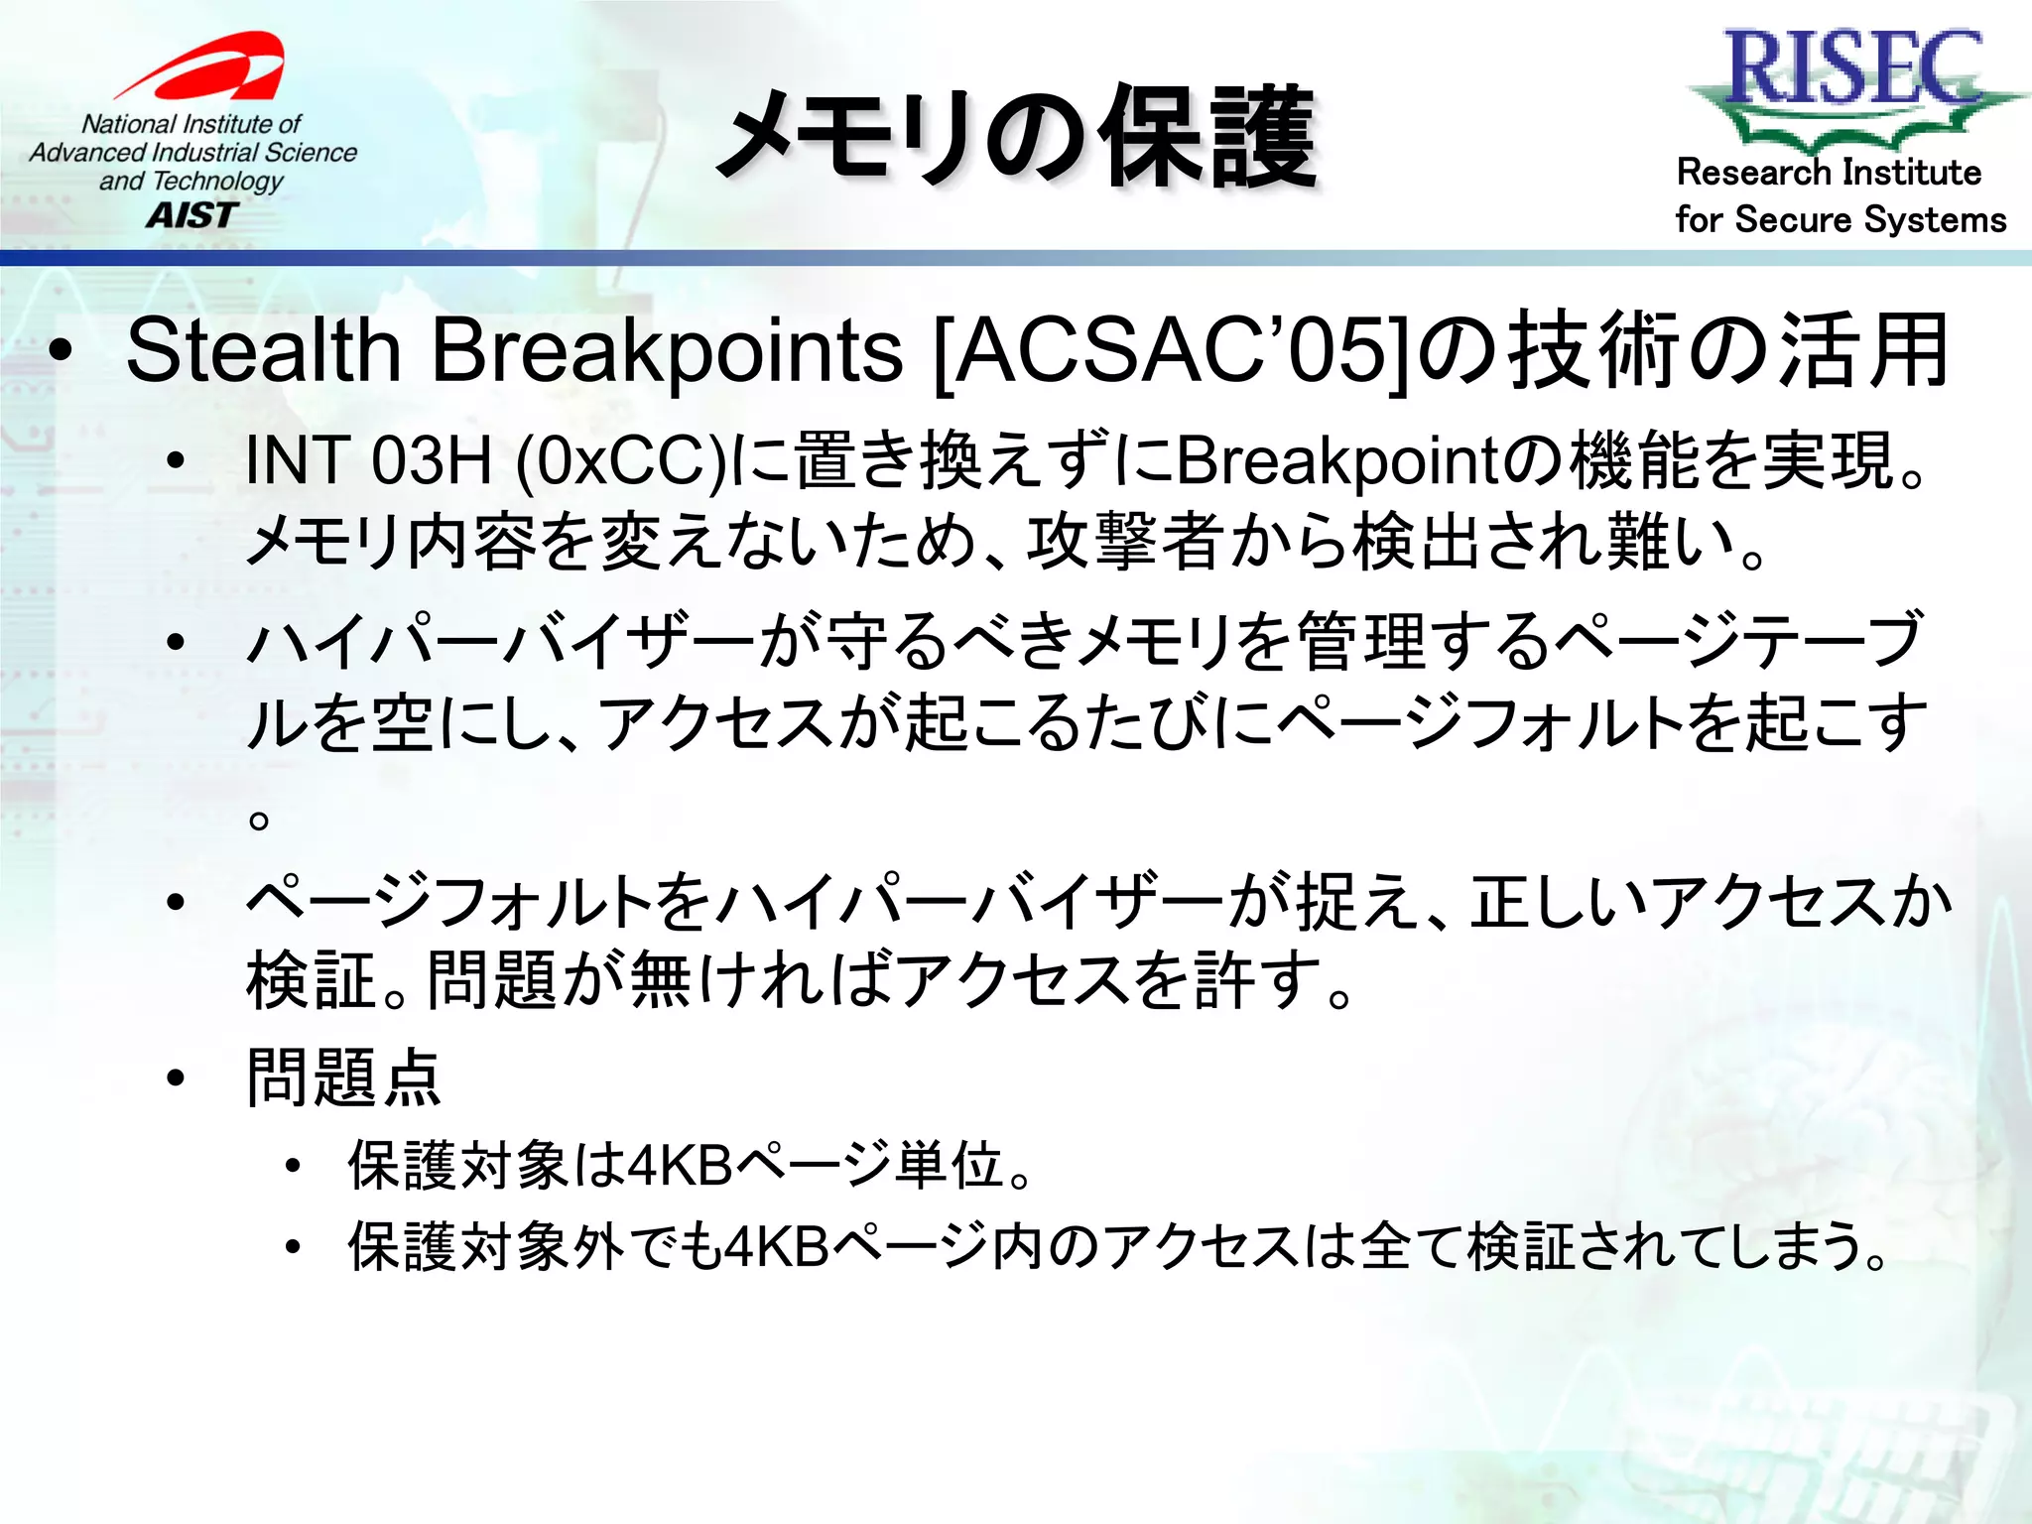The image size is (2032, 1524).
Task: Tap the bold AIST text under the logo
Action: click(192, 214)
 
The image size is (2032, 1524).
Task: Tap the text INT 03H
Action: click(368, 460)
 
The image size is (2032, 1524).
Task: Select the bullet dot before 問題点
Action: click(177, 1079)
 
